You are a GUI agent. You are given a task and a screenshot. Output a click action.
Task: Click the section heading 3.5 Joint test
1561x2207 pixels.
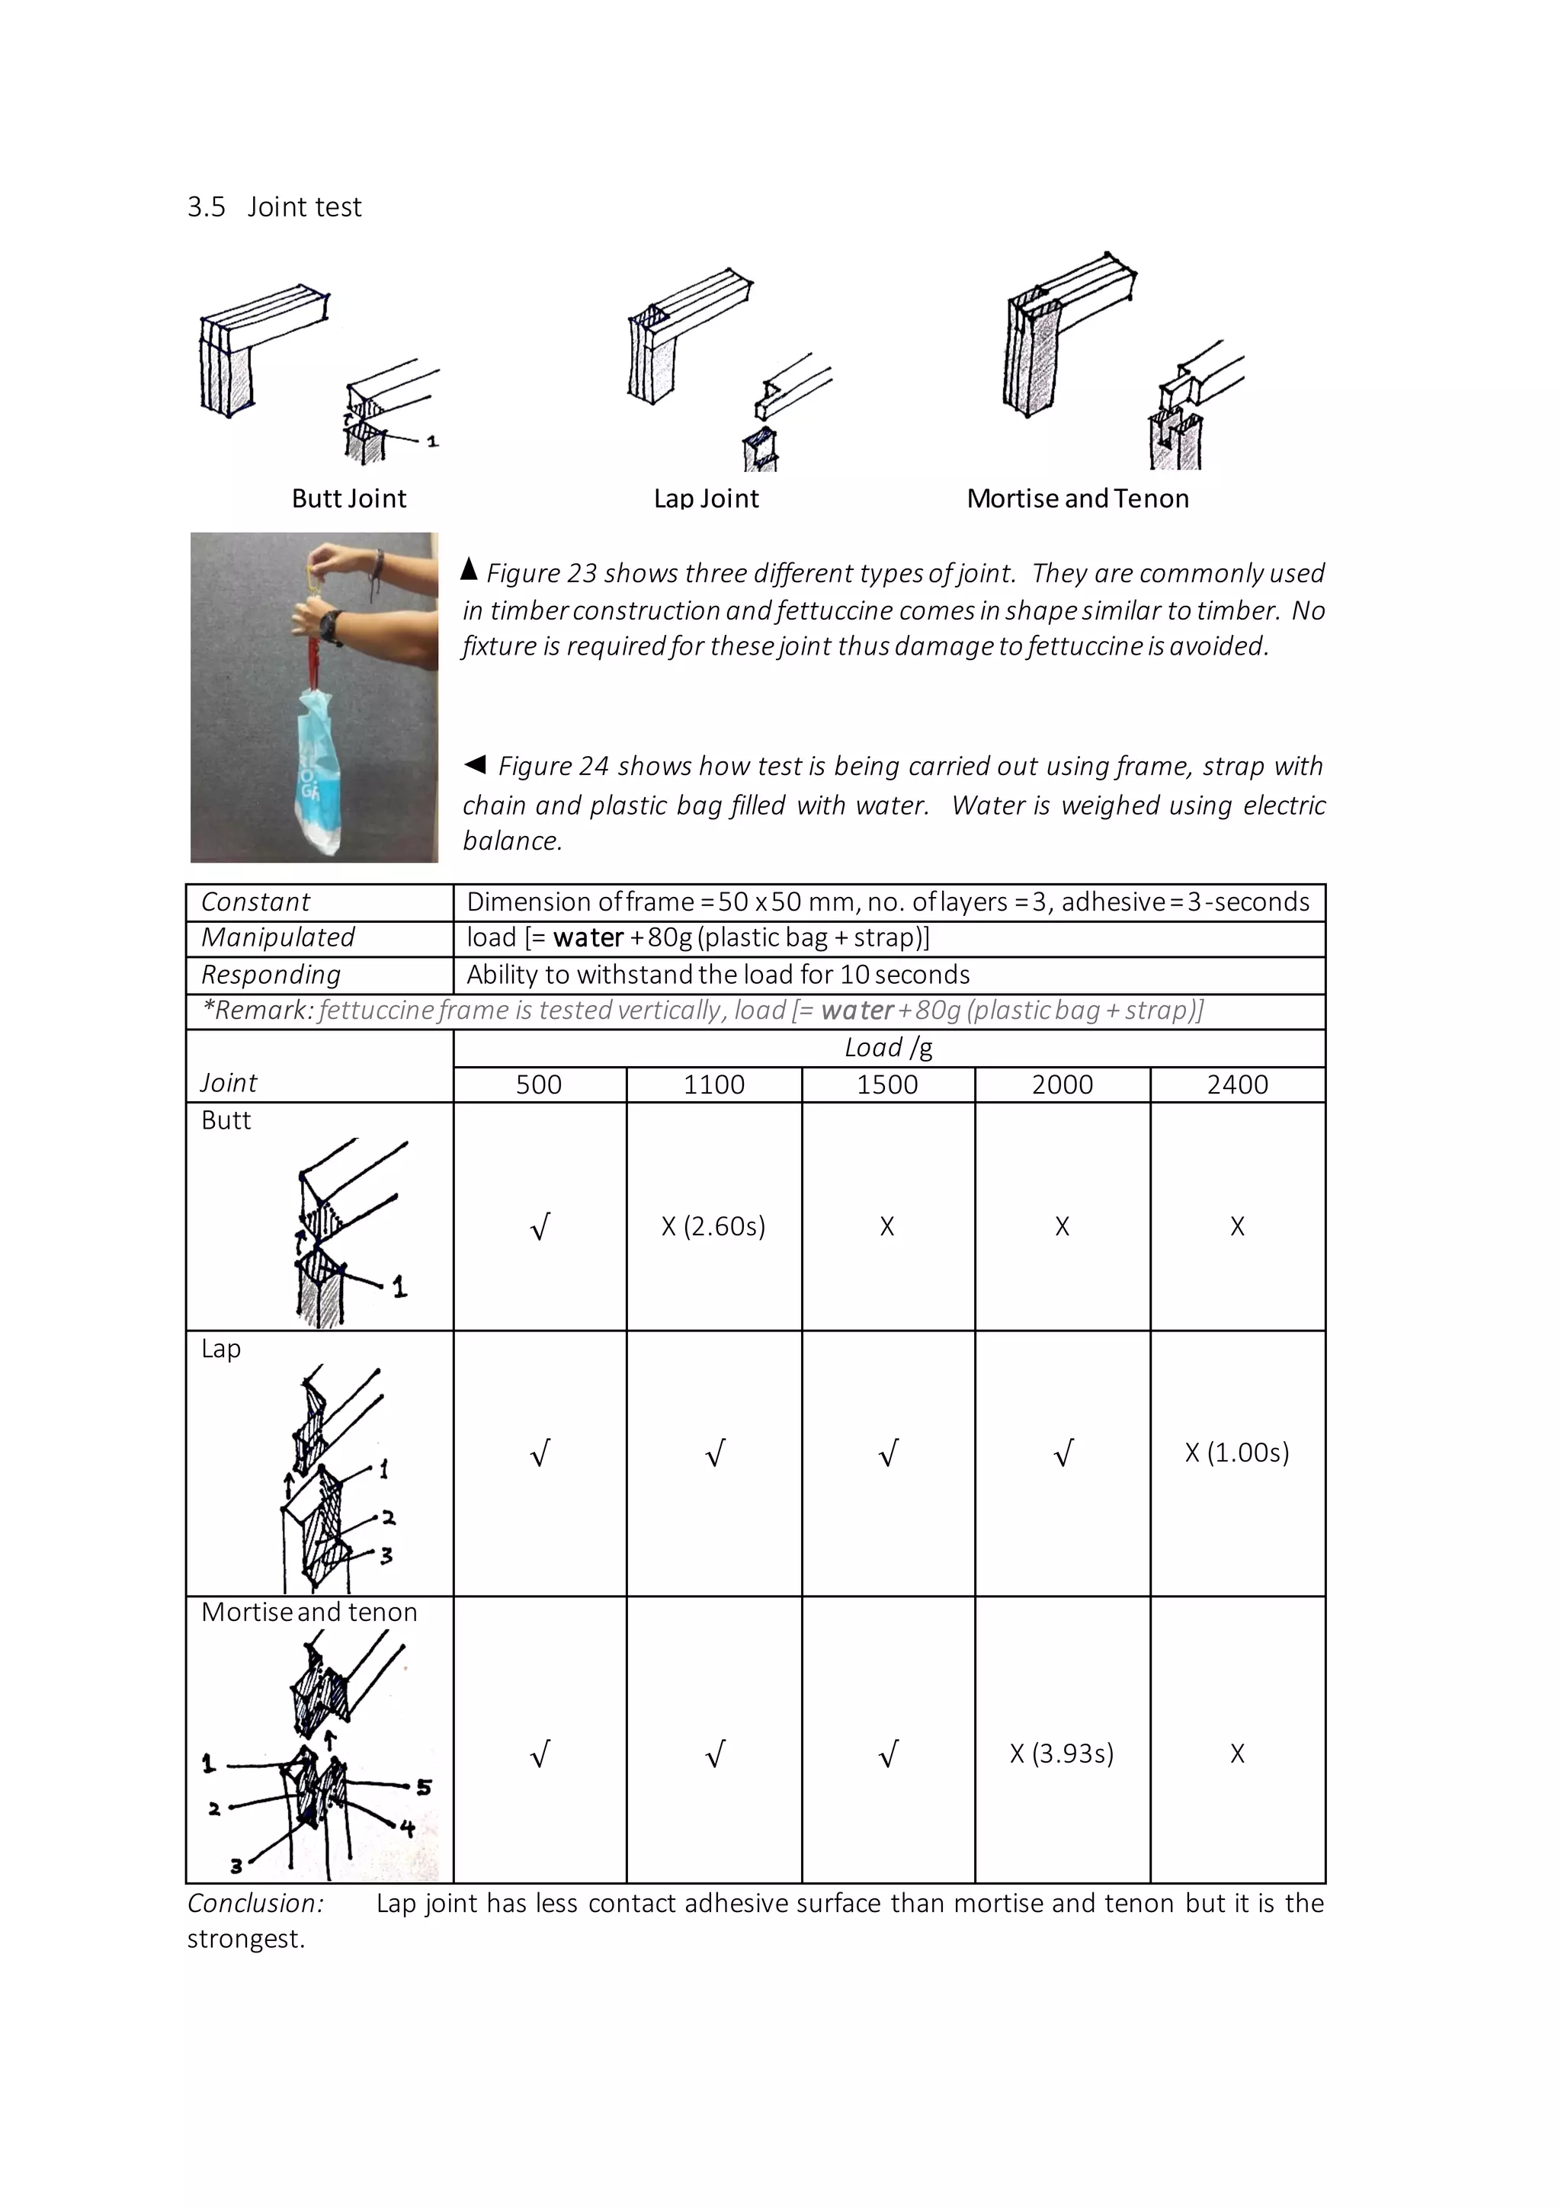[x=274, y=207]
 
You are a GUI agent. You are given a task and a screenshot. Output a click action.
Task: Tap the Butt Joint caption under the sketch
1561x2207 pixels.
[x=349, y=498]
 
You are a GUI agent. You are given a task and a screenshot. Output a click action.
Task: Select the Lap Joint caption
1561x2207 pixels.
[x=706, y=498]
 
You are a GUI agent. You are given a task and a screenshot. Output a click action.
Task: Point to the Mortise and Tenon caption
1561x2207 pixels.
[x=1078, y=498]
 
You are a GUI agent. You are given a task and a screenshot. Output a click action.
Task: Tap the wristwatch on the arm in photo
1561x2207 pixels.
[x=331, y=626]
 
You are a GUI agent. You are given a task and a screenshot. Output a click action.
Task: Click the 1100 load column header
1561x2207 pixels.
[x=713, y=1084]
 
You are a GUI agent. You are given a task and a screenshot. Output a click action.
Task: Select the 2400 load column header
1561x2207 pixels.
[x=1237, y=1084]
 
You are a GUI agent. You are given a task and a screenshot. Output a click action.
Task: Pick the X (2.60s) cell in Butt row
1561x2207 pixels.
[x=713, y=1226]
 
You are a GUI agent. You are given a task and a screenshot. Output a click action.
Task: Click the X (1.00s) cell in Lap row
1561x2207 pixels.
[x=1236, y=1453]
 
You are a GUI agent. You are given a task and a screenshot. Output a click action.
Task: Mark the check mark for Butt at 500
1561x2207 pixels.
[x=540, y=1226]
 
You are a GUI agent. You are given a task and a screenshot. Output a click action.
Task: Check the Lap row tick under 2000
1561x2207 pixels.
[x=1062, y=1453]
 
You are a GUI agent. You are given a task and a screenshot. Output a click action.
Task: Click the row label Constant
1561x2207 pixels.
[x=255, y=902]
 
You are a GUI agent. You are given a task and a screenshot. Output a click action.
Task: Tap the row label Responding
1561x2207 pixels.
[x=271, y=975]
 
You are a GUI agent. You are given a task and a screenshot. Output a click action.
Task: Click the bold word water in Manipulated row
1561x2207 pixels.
[x=588, y=937]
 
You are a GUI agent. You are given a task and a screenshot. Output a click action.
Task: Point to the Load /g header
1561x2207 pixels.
[x=888, y=1048]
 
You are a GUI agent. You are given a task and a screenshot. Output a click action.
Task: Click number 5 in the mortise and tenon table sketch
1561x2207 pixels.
[x=424, y=1788]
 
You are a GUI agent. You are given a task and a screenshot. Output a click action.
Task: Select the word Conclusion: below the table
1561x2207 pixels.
[x=255, y=1903]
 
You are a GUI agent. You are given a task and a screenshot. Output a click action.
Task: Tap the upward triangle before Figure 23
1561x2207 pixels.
[x=469, y=569]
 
